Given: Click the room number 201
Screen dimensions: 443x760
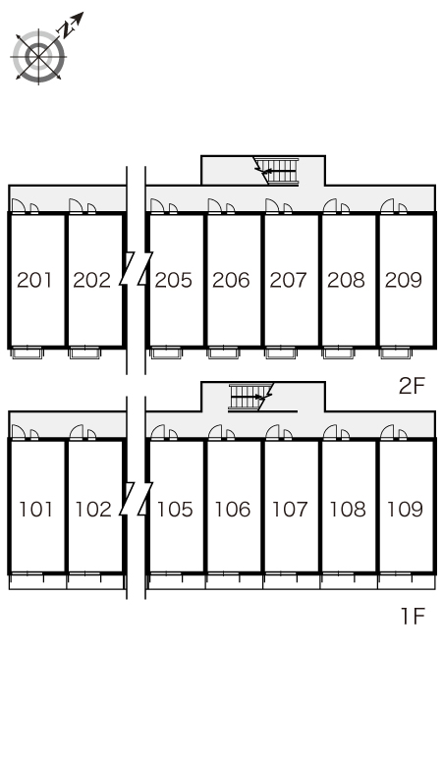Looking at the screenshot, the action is coord(34,280).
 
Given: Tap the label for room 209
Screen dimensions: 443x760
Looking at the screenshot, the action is coord(404,280).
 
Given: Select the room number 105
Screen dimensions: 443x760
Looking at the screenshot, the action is coord(175,509).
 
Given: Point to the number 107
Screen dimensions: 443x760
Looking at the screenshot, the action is coord(290,509).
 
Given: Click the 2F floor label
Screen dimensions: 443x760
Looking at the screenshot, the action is coord(412,386).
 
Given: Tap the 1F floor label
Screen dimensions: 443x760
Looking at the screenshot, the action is coord(413,616).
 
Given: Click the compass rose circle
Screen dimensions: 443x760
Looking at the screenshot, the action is coord(38,57).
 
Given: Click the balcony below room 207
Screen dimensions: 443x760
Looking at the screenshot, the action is coord(280,353).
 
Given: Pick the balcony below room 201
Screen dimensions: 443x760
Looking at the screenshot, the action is coord(28,353).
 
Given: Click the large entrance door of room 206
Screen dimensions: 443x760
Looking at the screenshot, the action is coord(215,205).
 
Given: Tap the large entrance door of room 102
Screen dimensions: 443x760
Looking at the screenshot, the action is coord(76,432).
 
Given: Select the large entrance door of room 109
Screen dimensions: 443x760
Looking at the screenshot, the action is coord(387,432).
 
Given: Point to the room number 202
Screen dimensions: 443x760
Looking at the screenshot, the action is coord(91,280).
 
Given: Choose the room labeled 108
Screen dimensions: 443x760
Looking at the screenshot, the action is coord(348,509).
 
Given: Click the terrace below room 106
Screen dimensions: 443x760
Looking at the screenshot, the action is coord(234,580).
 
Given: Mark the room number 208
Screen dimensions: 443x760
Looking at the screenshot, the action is coord(346,280).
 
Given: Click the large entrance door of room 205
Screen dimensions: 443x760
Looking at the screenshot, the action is coord(157,205).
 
